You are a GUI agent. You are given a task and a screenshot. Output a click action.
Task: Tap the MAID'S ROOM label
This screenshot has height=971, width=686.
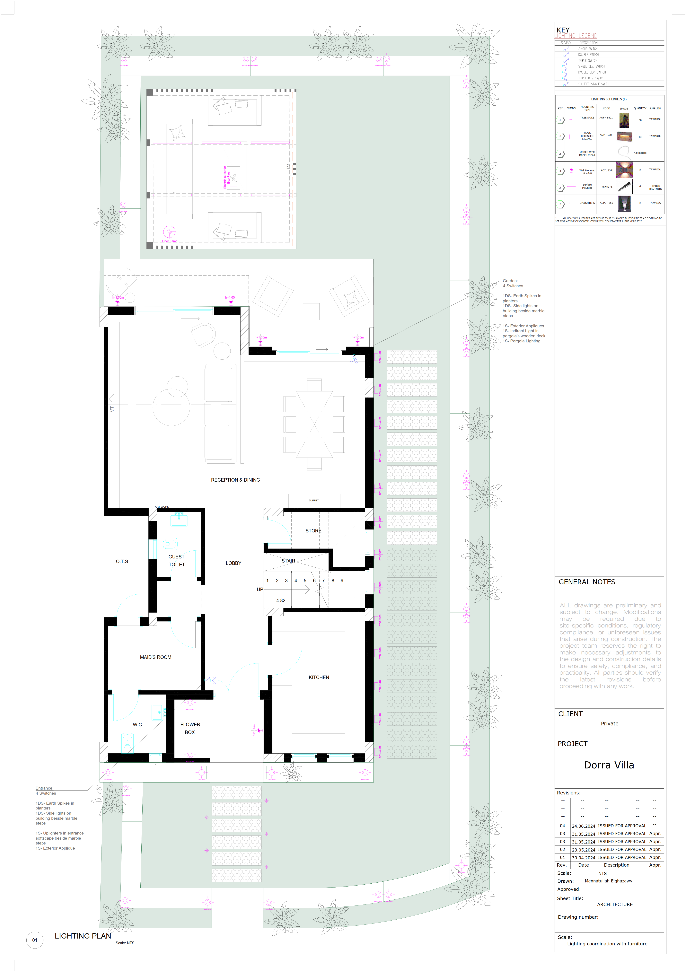(x=156, y=657)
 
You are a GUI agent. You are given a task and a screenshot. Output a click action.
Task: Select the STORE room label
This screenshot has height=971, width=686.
(x=313, y=530)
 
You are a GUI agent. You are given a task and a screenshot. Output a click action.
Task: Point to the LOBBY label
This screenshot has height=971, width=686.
(x=233, y=563)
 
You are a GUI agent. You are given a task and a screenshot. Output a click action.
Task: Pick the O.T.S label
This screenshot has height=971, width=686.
(x=122, y=561)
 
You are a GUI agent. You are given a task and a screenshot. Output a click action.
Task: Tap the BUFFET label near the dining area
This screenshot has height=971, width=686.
(x=313, y=500)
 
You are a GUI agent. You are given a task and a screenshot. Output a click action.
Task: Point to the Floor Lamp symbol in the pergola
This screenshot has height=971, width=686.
(x=169, y=232)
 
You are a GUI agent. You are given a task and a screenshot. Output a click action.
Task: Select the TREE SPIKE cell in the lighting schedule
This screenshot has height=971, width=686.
(x=587, y=118)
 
